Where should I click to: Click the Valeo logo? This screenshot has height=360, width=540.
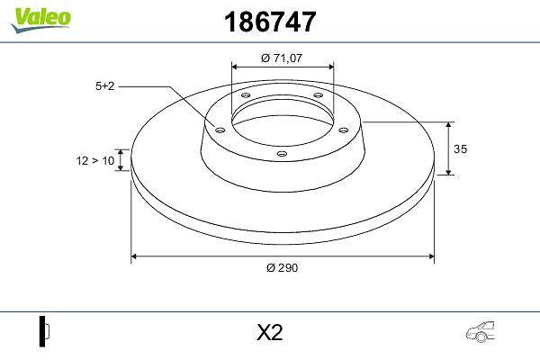tap(40, 20)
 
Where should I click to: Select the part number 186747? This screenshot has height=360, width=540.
tap(270, 22)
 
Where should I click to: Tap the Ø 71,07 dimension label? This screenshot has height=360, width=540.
tap(282, 58)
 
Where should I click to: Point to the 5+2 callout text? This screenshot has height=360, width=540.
tap(104, 85)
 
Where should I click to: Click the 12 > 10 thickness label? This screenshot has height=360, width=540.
tap(95, 160)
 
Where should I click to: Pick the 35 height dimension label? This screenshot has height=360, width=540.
tap(460, 148)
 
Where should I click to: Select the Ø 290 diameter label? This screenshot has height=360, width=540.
tap(282, 267)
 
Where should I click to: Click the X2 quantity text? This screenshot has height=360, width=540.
tap(270, 332)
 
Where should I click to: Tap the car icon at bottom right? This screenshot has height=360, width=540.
tap(480, 332)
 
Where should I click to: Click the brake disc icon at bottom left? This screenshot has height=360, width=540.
tap(44, 331)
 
